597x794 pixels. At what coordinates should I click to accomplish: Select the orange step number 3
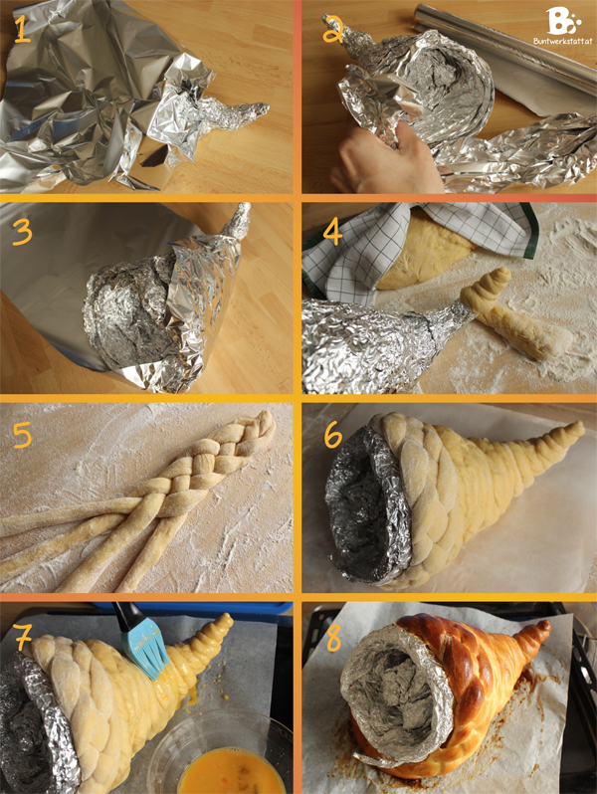22,233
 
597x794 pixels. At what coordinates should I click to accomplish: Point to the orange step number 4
332,233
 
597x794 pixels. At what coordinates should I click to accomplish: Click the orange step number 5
22,435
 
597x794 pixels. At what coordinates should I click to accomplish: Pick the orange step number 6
333,436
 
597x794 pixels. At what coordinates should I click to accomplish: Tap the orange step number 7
23,638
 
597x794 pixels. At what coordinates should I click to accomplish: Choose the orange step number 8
333,639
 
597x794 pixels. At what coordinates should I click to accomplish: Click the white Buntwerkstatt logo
562,25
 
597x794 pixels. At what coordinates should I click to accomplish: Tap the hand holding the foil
385,161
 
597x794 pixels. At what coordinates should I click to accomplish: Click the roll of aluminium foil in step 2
506,48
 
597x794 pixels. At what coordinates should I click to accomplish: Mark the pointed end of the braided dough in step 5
268,418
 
